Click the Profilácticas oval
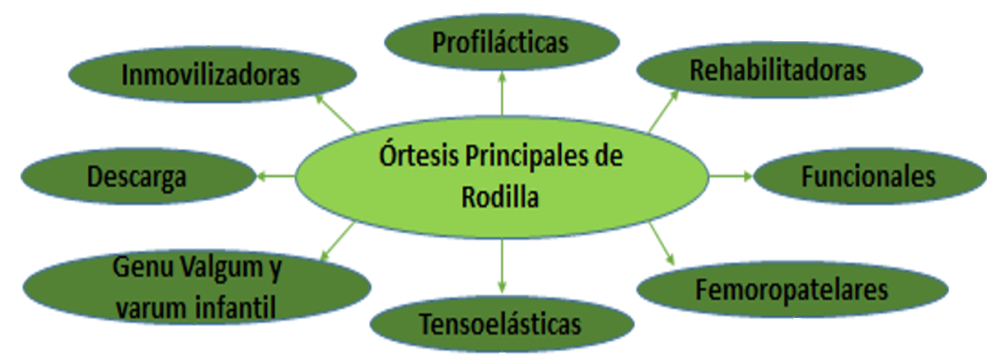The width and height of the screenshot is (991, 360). tap(501, 42)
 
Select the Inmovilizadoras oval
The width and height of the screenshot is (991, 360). tap(211, 75)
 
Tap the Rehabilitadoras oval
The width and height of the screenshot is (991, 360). tap(777, 70)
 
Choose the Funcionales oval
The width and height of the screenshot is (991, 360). tap(868, 177)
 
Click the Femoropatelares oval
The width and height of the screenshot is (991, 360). tap(791, 290)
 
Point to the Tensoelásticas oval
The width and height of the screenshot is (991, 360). tap(500, 324)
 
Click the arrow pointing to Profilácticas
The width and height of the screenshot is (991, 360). tap(502, 92)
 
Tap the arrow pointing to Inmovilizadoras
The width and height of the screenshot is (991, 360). tap(336, 113)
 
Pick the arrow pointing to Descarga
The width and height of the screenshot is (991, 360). tap(276, 175)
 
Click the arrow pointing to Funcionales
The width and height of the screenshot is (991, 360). tap(730, 175)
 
